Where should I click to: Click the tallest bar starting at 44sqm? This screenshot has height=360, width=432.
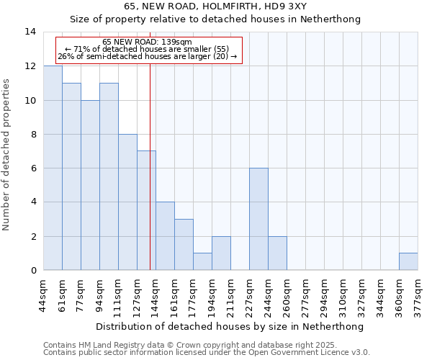[x=53, y=168]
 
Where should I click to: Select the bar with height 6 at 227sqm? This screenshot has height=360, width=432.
[x=258, y=219]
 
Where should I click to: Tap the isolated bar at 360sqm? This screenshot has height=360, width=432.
[x=408, y=261]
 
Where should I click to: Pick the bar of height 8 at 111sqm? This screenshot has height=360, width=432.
[x=127, y=202]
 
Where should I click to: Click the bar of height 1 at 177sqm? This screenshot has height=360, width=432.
[x=202, y=261]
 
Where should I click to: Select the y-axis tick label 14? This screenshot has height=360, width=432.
[x=30, y=32]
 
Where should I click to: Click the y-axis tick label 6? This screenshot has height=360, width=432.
[x=33, y=168]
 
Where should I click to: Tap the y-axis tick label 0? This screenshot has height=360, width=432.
[x=33, y=271]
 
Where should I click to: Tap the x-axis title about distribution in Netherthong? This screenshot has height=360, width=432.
[x=230, y=326]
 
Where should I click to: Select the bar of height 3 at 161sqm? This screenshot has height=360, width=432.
[x=184, y=245]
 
